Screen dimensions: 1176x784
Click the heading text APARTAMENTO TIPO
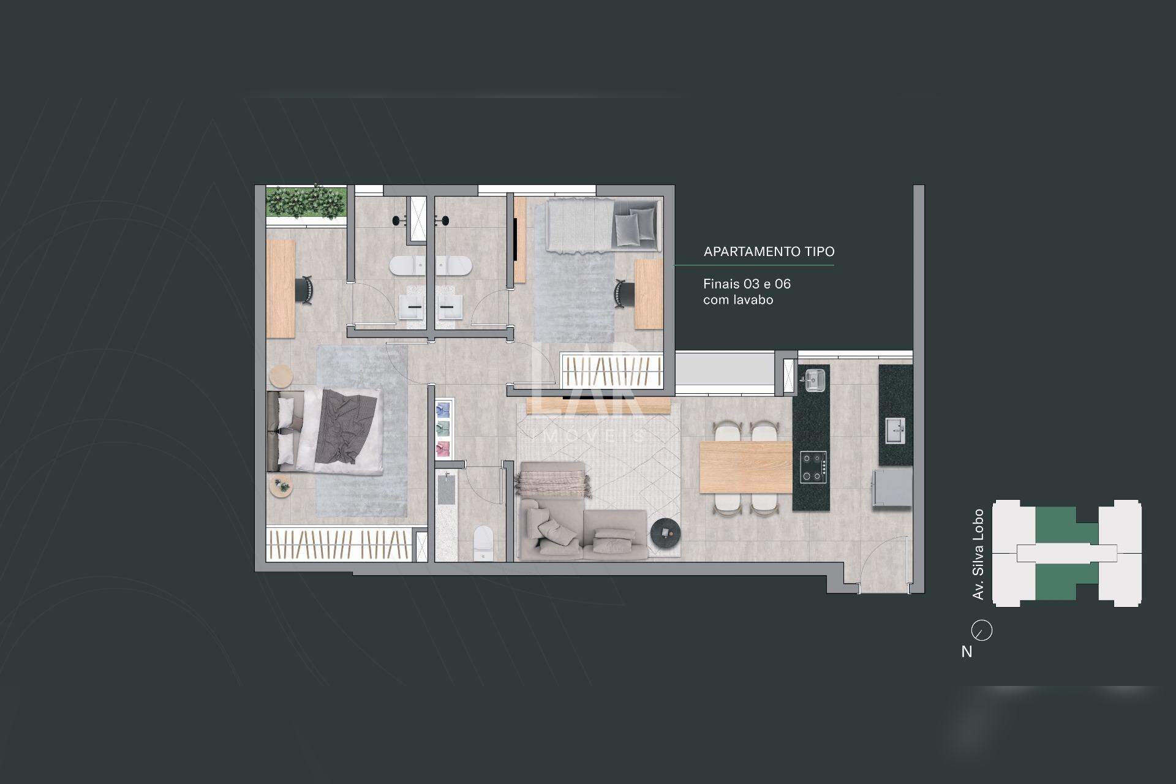click(x=769, y=252)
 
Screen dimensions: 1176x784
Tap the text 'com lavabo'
click(x=738, y=300)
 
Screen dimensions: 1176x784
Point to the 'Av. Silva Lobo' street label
click(x=978, y=554)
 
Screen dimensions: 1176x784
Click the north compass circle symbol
click(x=982, y=630)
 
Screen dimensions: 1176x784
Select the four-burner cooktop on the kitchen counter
click(x=813, y=467)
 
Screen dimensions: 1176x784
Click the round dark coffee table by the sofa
click(x=665, y=533)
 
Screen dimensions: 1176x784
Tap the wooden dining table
click(x=746, y=467)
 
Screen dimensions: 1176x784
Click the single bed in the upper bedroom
click(x=604, y=225)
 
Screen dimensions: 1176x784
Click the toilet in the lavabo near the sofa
click(x=484, y=542)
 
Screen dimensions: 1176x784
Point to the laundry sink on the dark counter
click(x=895, y=431)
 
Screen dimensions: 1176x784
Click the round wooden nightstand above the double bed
click(x=282, y=377)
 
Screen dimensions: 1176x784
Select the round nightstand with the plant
click(x=281, y=487)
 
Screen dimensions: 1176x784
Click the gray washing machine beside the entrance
click(x=892, y=488)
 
